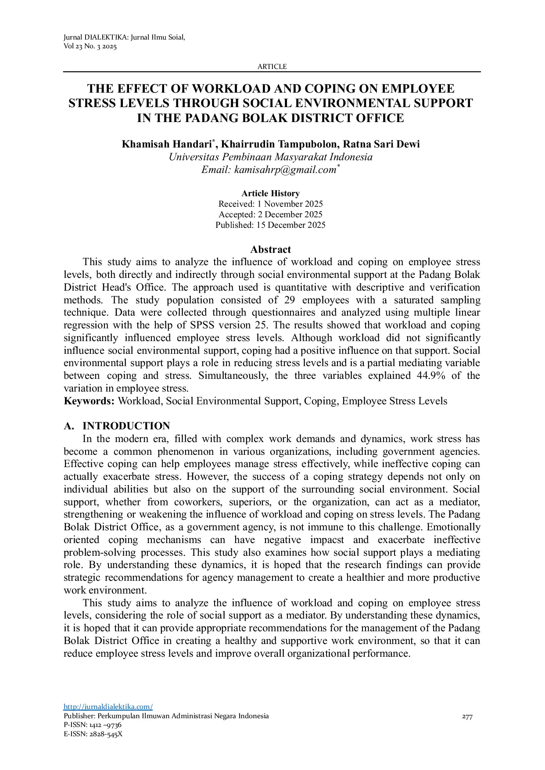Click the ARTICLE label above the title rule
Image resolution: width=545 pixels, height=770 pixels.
[272, 67]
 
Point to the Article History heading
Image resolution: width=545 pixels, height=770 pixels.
[270, 194]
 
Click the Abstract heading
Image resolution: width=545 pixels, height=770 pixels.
[270, 249]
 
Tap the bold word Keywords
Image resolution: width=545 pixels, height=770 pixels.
[89, 401]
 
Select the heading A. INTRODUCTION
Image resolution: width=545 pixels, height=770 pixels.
[117, 426]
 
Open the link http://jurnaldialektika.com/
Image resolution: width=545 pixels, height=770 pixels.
[108, 707]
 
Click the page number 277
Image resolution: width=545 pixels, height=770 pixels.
[467, 717]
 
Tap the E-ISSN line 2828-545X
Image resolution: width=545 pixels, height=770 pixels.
[93, 734]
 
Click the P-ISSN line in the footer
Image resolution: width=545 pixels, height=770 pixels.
[93, 725]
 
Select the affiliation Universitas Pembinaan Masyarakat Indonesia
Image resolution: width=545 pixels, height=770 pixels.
[270, 157]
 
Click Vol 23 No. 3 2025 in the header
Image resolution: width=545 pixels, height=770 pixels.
[90, 47]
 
